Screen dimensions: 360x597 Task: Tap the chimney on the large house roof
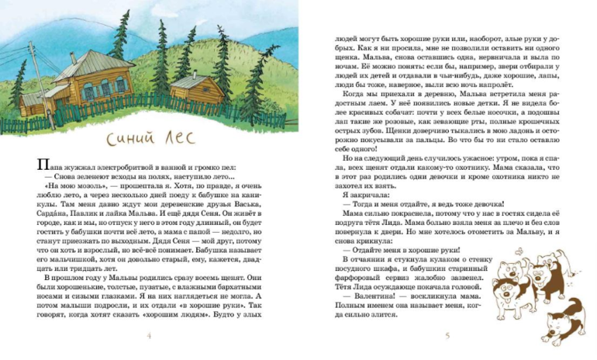pyautogui.click(x=73, y=58)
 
